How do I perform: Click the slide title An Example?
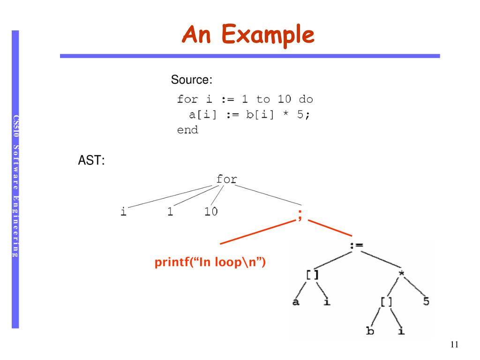tap(248, 35)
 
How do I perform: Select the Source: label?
tap(192, 80)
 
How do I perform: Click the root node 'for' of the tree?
tap(226, 179)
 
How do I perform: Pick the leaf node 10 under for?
tap(211, 212)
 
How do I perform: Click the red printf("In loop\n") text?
tap(210, 262)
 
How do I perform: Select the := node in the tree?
tap(357, 245)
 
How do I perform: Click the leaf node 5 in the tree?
tap(426, 301)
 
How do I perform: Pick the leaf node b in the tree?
tap(370, 331)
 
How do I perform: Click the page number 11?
tap(454, 345)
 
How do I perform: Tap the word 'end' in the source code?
tap(187, 130)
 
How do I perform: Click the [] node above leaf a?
tap(312, 275)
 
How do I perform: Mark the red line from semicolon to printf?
tap(258, 232)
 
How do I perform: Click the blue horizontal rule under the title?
tap(250, 56)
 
